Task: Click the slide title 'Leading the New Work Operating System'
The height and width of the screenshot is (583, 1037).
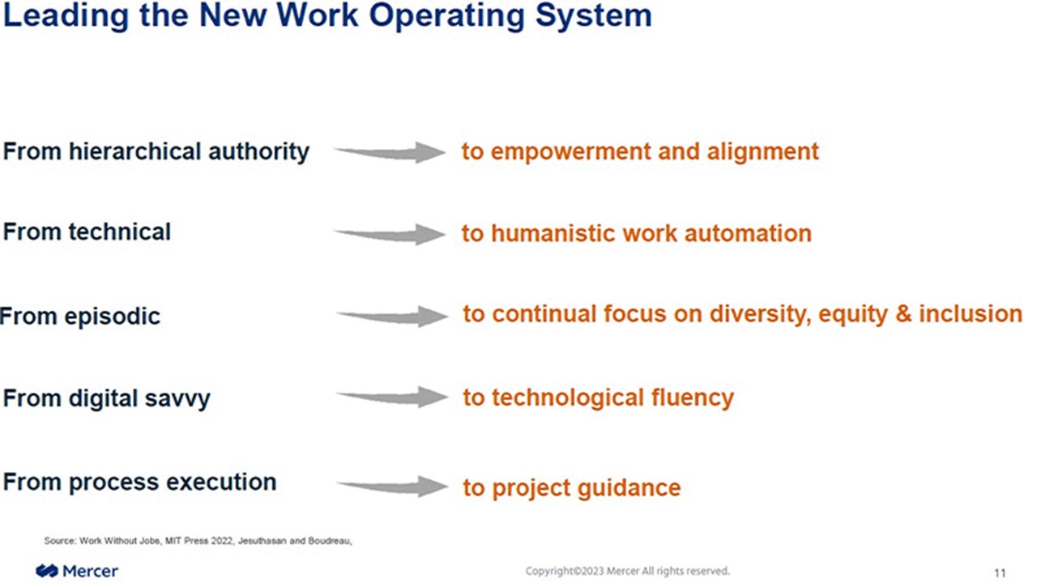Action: point(326,16)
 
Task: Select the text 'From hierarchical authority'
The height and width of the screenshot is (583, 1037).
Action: point(156,151)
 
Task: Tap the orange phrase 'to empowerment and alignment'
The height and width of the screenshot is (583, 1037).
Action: point(640,151)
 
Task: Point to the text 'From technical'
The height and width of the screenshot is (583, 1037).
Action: point(87,232)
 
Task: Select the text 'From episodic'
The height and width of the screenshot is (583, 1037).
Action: point(80,316)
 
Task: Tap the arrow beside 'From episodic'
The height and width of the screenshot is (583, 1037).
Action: point(391,316)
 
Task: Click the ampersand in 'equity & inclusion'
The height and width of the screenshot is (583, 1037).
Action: point(903,314)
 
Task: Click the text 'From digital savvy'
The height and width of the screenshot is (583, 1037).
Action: point(107,398)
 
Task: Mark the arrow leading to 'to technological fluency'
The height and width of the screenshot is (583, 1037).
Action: point(391,397)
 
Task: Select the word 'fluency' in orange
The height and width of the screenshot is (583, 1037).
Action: point(693,398)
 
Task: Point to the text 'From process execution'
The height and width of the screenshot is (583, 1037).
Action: point(139,483)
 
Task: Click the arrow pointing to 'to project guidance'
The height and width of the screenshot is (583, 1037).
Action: point(391,486)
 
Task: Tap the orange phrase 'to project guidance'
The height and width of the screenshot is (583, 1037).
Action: point(571,488)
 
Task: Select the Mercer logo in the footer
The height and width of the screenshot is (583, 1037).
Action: point(77,572)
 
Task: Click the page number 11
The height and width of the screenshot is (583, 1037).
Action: point(1000,572)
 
